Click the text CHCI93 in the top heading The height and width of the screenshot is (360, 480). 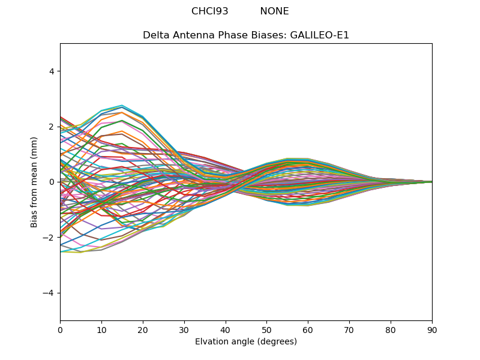209,11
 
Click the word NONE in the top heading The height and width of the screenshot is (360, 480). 274,11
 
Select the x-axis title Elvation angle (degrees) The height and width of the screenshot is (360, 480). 246,341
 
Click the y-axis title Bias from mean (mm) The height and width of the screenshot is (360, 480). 34,182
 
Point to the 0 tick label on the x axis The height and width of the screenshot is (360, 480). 60,329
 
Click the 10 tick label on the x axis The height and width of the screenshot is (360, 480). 101,329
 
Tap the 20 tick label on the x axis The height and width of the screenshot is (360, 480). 143,329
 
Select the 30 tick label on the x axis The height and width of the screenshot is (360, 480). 184,329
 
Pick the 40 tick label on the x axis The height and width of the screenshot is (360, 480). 226,329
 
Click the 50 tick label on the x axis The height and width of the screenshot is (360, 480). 266,329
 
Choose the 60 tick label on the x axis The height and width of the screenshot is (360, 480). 308,329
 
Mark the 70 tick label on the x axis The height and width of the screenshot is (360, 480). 349,329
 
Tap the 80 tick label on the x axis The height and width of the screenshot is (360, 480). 391,329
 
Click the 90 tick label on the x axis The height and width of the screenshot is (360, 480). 432,329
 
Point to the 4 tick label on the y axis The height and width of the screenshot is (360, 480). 51,71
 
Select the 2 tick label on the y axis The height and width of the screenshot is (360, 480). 51,127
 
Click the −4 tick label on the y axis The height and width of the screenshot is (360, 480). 49,293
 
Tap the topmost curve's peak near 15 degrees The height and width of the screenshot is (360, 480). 122,106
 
